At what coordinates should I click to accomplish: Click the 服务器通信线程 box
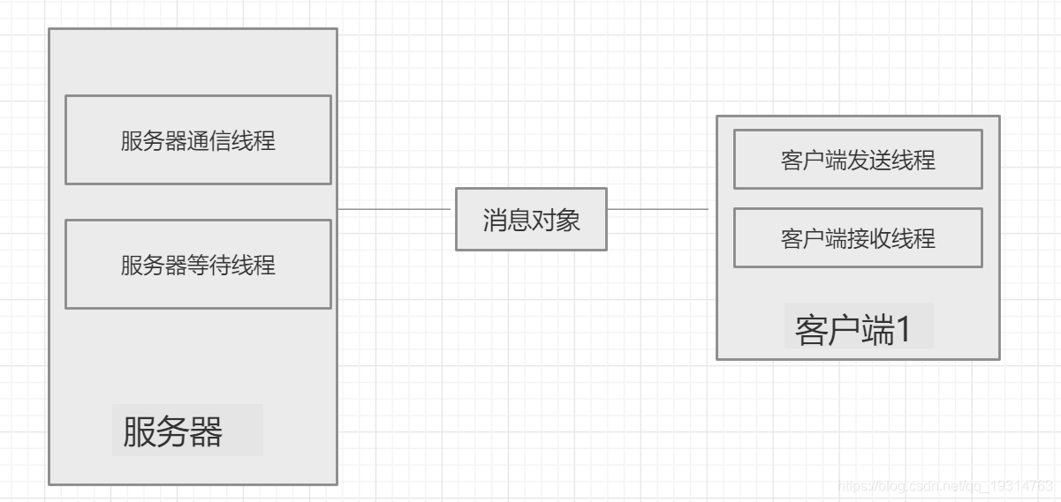coord(198,140)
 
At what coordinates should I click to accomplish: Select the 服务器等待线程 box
coord(198,265)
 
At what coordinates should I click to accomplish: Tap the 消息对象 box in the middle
coord(531,219)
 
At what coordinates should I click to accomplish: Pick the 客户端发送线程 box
coord(858,160)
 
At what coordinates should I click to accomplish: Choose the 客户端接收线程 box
coord(858,238)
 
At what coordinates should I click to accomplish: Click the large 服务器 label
coord(173,431)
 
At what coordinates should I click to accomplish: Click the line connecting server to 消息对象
coord(395,209)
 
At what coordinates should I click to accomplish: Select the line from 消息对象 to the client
coord(658,209)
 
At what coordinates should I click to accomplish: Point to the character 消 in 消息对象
coord(494,220)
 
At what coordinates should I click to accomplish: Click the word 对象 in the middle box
coord(556,220)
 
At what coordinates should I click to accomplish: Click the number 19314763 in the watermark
coord(1019,486)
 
